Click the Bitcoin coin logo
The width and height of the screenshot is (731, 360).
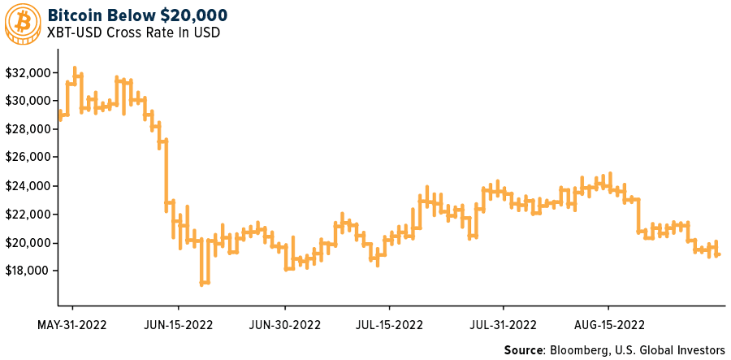(x=21, y=23)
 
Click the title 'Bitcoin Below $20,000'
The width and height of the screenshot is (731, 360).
(x=137, y=15)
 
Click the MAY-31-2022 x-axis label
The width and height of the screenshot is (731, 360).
(x=72, y=325)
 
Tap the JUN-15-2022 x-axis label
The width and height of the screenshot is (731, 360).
(x=178, y=325)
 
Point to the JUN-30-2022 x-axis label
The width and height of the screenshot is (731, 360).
(x=284, y=325)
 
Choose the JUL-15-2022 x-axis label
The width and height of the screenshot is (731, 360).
(x=389, y=325)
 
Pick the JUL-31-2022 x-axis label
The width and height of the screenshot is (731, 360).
(x=503, y=325)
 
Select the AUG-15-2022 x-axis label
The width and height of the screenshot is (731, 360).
(x=609, y=325)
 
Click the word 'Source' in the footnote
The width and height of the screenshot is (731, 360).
(x=525, y=349)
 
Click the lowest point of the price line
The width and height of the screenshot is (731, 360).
(x=203, y=284)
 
